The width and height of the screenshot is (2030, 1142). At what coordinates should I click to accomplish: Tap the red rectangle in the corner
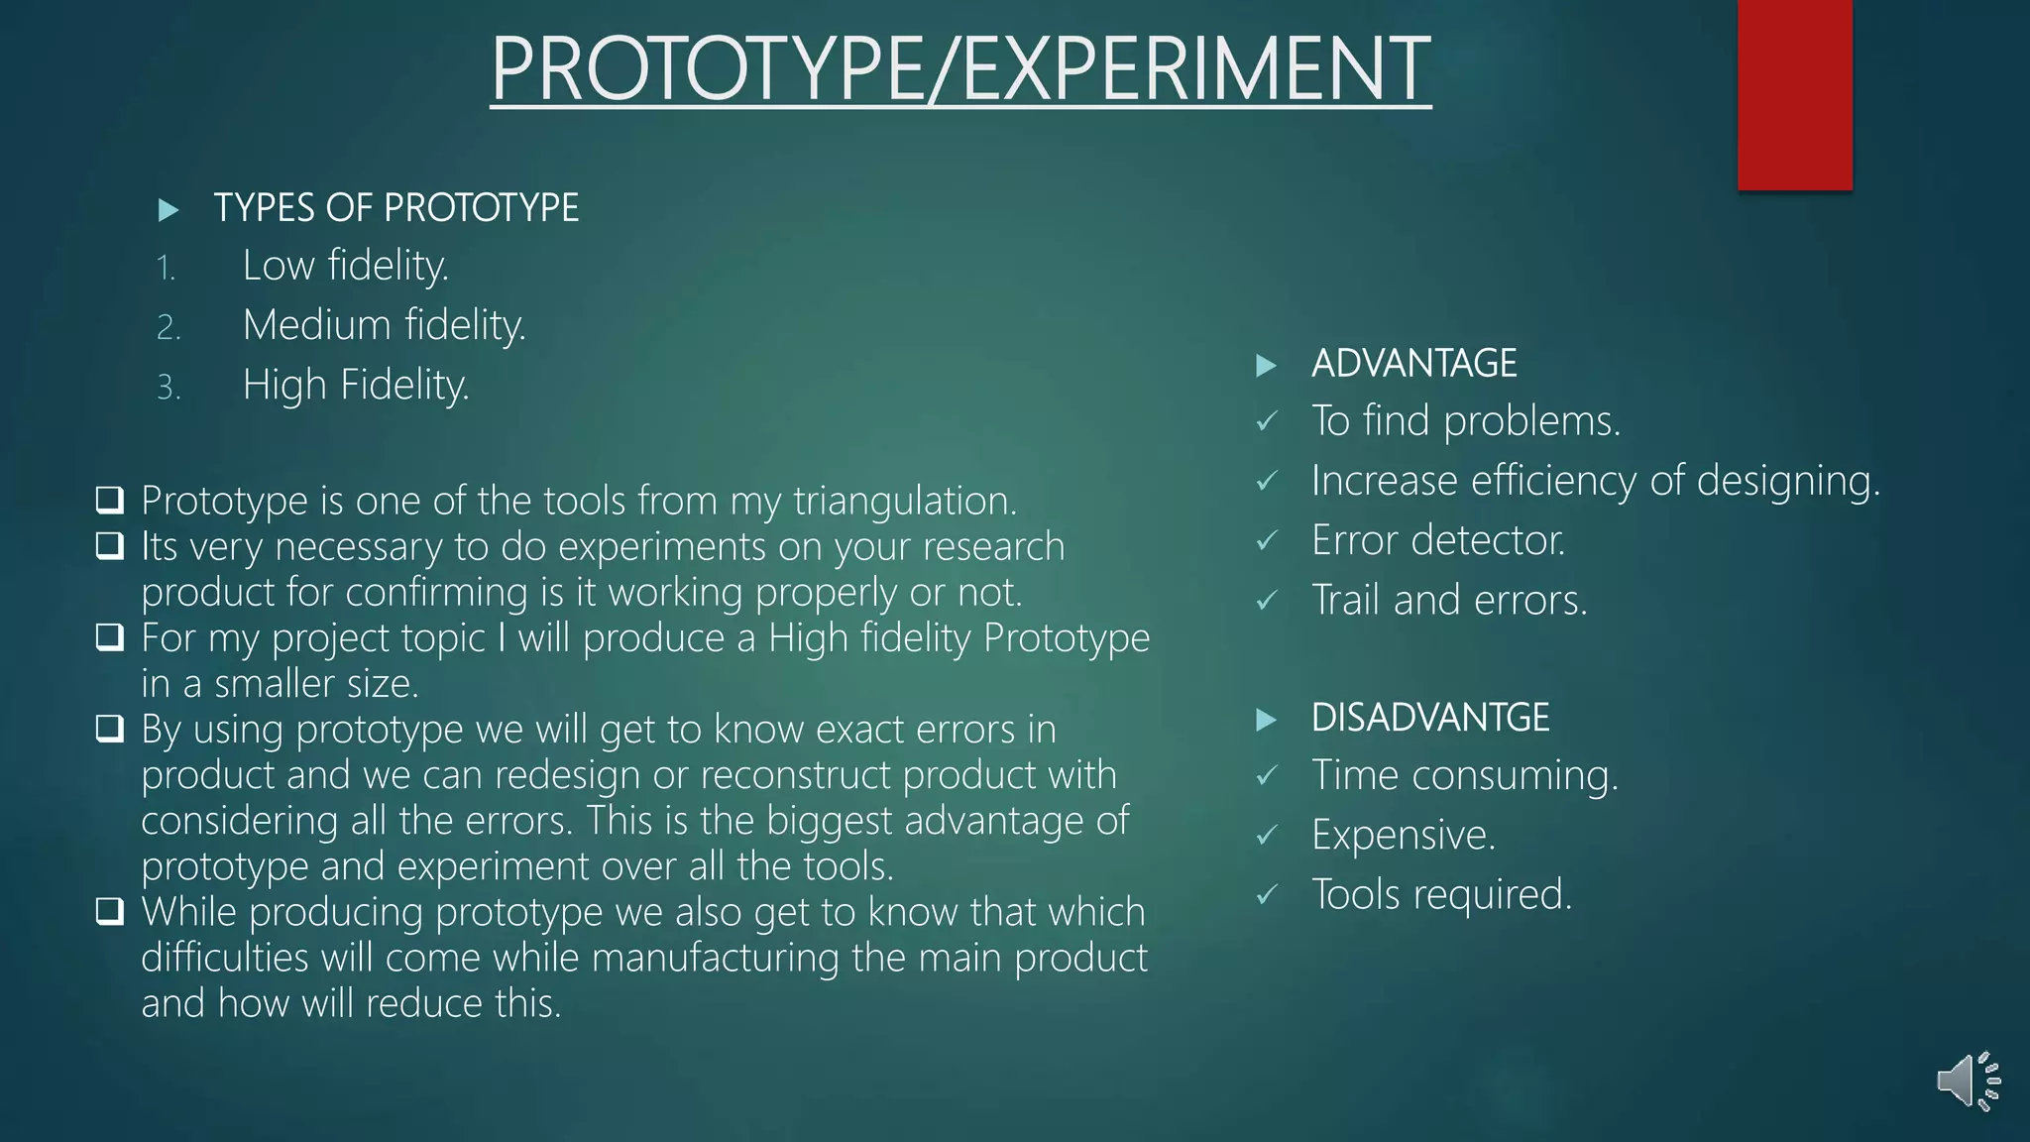(x=1794, y=94)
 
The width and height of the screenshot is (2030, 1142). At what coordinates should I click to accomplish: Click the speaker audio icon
(x=1968, y=1081)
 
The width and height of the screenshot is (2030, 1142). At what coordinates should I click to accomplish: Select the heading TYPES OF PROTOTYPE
(x=395, y=208)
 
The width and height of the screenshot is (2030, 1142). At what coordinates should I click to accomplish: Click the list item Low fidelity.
(x=345, y=266)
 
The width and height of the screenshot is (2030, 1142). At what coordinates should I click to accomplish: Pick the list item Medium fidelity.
(x=384, y=325)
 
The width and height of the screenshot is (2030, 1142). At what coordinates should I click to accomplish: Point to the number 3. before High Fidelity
(x=169, y=387)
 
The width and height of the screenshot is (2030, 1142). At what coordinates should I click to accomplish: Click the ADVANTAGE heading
(x=1413, y=364)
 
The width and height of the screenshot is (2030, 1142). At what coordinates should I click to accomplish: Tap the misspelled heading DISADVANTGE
(x=1429, y=718)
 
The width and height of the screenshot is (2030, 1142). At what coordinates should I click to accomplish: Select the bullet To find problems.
(x=1465, y=421)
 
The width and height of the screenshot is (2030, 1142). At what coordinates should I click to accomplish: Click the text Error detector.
(x=1437, y=540)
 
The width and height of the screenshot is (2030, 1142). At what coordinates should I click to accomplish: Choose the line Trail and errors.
(x=1448, y=601)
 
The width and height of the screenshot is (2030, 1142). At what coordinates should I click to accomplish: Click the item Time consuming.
(x=1464, y=775)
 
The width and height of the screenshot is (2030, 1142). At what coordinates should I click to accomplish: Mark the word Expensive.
(x=1403, y=835)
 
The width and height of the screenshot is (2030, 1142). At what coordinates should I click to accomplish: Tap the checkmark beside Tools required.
(x=1267, y=895)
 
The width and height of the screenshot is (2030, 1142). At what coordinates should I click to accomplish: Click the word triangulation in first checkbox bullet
(x=904, y=502)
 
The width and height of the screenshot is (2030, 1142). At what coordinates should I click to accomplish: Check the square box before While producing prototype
(x=110, y=911)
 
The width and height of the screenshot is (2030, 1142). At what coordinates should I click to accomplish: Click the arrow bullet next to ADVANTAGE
(x=1266, y=366)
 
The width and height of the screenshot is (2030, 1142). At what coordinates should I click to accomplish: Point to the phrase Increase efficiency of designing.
(x=1595, y=481)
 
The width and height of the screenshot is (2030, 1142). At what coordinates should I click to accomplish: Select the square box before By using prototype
(x=110, y=729)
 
